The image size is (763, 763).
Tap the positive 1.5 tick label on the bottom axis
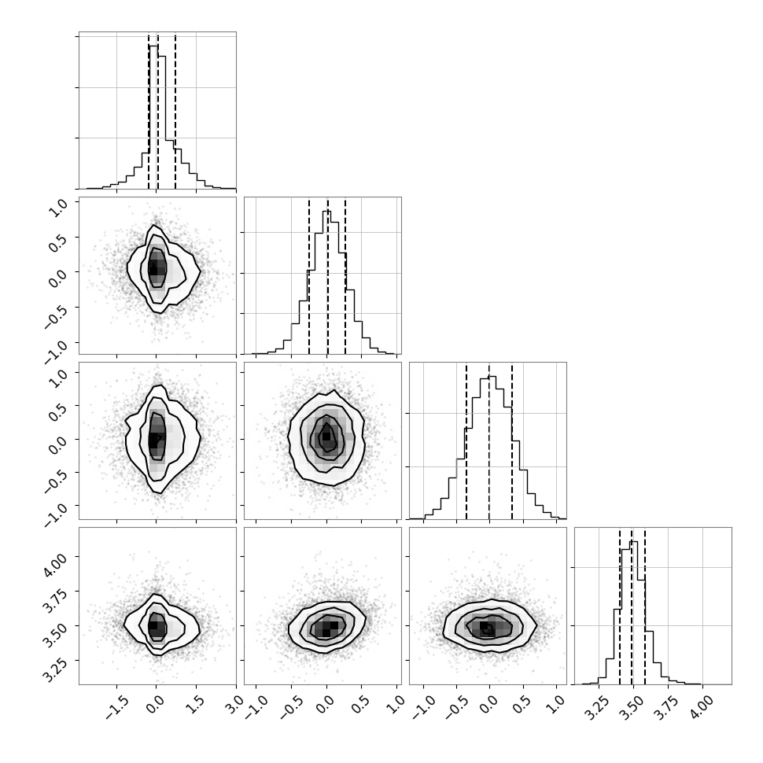point(196,705)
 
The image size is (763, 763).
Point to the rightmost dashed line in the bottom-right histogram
point(645,606)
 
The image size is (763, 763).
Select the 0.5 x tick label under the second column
point(360,705)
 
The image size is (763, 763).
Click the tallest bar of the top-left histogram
point(153,116)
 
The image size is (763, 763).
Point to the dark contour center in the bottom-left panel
point(157,627)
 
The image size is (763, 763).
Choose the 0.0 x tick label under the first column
point(155,705)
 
